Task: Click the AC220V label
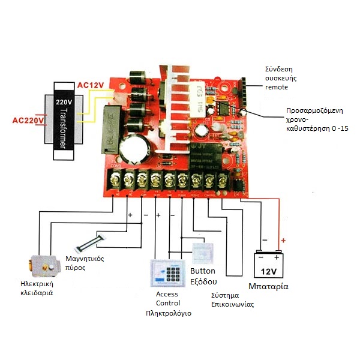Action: tap(28, 121)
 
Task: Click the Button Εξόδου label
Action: tap(203, 276)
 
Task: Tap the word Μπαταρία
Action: tap(268, 286)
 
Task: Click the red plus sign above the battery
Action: tap(283, 241)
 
